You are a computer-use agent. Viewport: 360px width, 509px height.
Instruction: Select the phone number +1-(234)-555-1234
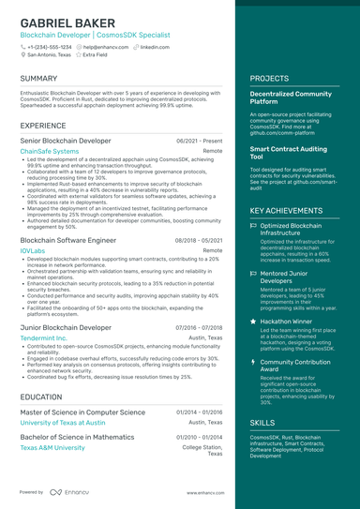tap(49, 46)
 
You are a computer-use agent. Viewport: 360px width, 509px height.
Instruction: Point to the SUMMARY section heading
tap(38, 79)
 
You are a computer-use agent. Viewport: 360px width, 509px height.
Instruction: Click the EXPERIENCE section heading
tap(43, 125)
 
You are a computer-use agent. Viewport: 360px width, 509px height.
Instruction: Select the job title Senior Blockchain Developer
tap(66, 140)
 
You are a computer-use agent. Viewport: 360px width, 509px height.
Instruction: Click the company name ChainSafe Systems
tap(50, 151)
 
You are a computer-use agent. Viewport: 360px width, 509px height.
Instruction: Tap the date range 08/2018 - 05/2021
tap(199, 240)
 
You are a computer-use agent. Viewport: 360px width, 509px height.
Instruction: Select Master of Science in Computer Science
tap(82, 412)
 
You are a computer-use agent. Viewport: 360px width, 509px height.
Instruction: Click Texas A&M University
tap(52, 448)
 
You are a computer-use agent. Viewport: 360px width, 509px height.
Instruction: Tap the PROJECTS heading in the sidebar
tap(270, 79)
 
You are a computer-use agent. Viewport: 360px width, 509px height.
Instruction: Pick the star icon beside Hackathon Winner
tap(254, 321)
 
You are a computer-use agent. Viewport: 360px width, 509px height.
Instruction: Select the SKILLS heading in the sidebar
tap(263, 423)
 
